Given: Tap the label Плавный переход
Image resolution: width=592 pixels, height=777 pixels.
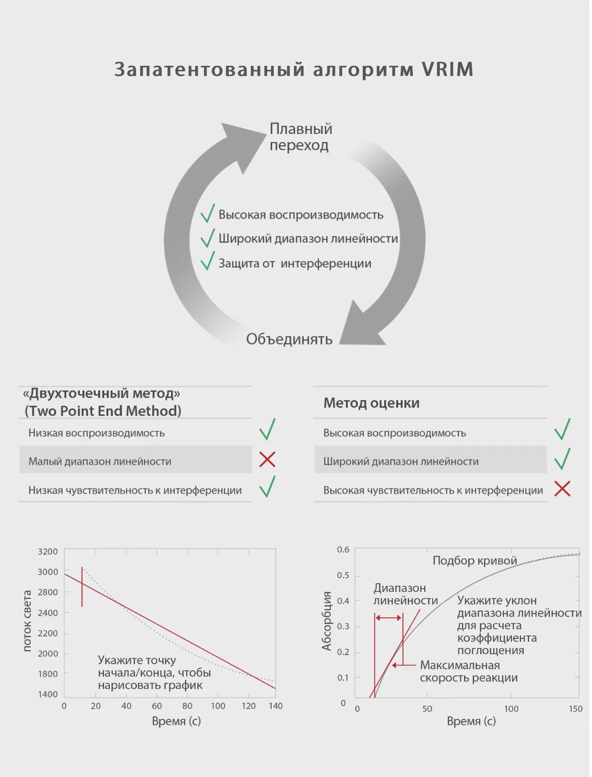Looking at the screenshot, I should point(301,137).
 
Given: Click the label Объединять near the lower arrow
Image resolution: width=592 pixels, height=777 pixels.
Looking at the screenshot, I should point(289,339).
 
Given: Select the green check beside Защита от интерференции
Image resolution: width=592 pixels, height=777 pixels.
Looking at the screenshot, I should point(207,262).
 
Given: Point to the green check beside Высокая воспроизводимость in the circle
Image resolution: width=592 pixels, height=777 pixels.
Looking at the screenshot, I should point(207,213).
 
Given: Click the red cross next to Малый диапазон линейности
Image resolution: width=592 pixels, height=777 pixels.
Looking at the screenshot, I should point(267,459).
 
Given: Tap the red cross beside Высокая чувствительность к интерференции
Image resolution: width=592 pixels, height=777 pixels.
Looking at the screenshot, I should point(562,489).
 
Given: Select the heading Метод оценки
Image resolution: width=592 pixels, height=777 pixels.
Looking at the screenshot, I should point(371,403).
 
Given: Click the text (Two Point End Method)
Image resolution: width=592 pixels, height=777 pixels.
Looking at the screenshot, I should point(103,411).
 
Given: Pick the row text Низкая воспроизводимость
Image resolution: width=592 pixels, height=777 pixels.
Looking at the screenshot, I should point(97,433).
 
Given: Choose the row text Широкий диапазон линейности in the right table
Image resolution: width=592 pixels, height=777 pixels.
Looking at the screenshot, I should point(401,461).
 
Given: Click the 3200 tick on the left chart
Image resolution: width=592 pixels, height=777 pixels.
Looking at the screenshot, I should point(48,551).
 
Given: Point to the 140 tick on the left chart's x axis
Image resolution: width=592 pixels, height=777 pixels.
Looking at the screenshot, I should point(276,706).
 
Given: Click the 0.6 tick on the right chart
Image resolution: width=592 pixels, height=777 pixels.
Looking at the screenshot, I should point(343,549).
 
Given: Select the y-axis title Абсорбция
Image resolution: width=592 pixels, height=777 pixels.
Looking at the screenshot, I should point(326,621).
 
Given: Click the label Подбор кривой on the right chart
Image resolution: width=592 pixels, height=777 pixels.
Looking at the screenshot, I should point(475,560).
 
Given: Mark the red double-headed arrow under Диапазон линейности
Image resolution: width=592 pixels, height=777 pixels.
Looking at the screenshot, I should point(389,618).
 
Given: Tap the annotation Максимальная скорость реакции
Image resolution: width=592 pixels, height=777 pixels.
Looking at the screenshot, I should point(468,672).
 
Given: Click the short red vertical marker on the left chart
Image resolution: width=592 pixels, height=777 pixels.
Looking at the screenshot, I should point(82,587).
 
